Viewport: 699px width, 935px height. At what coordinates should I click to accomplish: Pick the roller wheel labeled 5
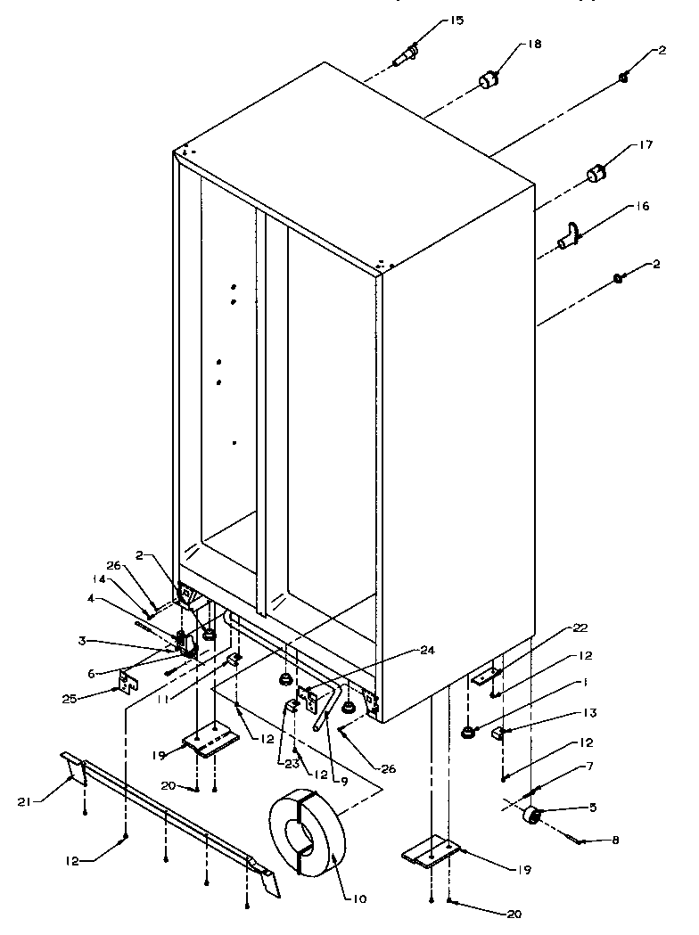(533, 815)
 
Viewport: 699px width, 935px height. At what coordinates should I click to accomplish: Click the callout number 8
(613, 840)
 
